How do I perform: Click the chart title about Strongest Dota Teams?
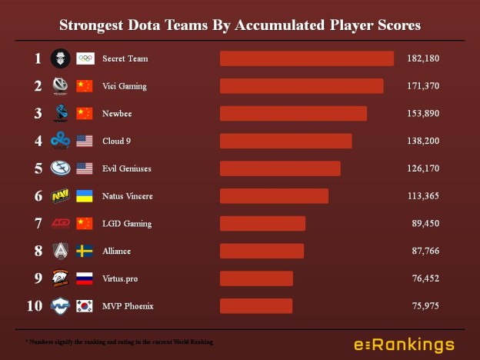click(x=240, y=25)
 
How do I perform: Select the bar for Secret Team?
click(x=307, y=58)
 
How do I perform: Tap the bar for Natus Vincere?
click(x=274, y=196)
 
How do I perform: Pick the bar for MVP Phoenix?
click(x=256, y=306)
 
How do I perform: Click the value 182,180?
click(x=423, y=58)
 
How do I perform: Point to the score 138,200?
click(x=423, y=141)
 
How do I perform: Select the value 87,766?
click(x=425, y=252)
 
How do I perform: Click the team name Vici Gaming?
click(x=124, y=86)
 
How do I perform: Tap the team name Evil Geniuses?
click(x=128, y=168)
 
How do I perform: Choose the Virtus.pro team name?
click(x=120, y=278)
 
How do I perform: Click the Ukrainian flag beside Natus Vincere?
click(x=85, y=196)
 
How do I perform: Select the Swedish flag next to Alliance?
click(x=85, y=252)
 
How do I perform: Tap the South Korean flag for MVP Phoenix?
click(x=85, y=306)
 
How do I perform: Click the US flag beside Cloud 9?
click(x=85, y=141)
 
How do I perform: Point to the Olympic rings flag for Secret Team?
click(x=85, y=58)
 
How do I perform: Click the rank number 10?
click(x=35, y=306)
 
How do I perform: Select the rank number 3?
click(x=38, y=114)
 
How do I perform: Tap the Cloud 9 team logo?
click(x=60, y=141)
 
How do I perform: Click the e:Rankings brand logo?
click(x=404, y=345)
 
